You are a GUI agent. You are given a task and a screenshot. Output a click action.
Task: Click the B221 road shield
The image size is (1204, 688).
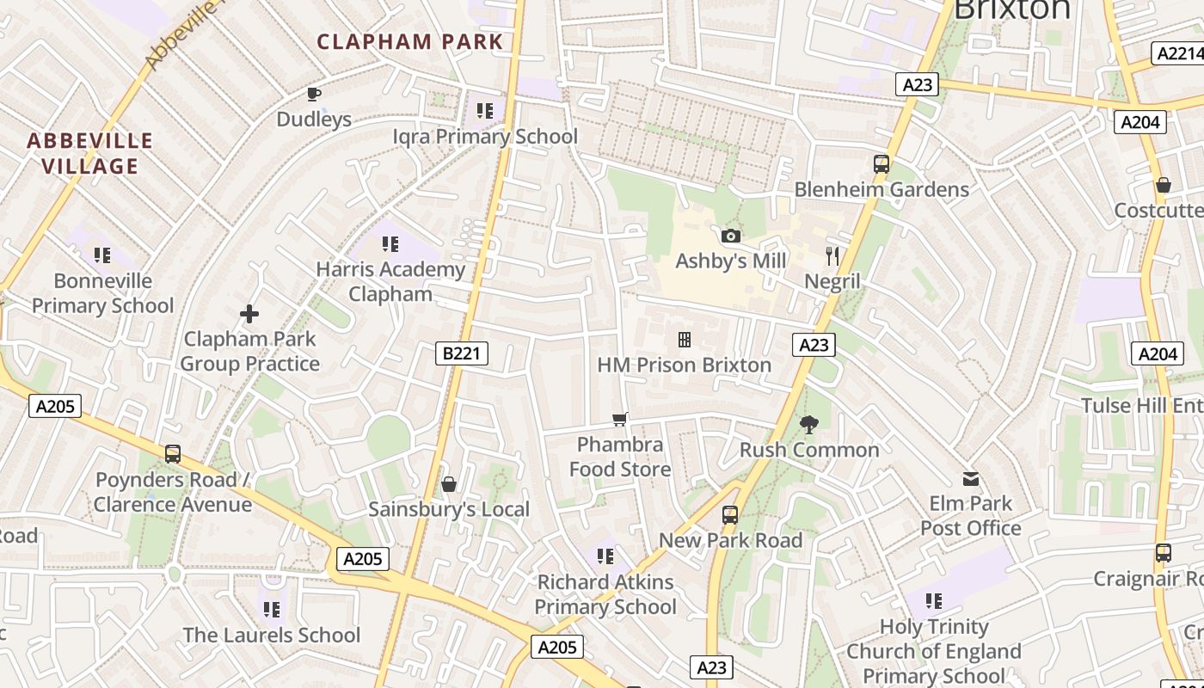[x=462, y=353]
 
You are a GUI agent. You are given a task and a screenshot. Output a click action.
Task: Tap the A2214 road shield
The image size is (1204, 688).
[x=1177, y=53]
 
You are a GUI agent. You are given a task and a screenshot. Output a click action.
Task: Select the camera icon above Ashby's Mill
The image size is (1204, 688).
[x=731, y=236]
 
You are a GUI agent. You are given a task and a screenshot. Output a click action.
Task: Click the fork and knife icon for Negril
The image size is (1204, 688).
[x=832, y=255]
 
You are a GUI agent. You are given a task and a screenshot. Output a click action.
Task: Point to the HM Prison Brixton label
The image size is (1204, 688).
[x=684, y=365]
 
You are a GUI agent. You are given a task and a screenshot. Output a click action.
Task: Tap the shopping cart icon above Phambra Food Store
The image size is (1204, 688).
[x=620, y=419]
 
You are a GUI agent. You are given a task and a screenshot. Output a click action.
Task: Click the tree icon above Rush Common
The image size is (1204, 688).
[x=808, y=423]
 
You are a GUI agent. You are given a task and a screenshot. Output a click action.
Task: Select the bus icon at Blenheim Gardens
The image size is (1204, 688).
[x=881, y=163]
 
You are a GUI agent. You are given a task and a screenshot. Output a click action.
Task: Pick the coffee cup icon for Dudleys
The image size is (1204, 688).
[x=314, y=94]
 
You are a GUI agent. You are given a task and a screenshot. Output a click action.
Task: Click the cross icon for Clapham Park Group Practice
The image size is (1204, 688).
[x=249, y=314]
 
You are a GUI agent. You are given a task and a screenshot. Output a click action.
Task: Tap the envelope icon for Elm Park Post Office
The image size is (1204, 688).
[x=971, y=478]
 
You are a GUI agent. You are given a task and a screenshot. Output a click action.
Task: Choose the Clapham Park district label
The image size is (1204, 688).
[x=409, y=41]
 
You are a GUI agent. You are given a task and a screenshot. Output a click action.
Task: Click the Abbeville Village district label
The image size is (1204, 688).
[x=90, y=153]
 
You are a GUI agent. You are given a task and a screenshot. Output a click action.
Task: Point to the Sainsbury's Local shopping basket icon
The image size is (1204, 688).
[x=448, y=484]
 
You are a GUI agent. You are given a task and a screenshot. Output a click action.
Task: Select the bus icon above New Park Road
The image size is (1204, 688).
[x=730, y=515]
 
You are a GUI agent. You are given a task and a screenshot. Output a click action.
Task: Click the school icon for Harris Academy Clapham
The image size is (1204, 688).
[x=390, y=244]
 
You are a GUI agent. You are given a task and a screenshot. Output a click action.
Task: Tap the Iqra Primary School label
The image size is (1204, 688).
[x=485, y=136]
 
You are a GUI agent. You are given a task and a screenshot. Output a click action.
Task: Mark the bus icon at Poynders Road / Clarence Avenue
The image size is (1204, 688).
[x=173, y=453]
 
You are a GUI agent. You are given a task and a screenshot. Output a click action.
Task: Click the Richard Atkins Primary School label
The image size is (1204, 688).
[x=605, y=594]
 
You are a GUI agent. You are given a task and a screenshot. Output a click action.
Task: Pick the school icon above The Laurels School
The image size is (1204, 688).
[x=272, y=610]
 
